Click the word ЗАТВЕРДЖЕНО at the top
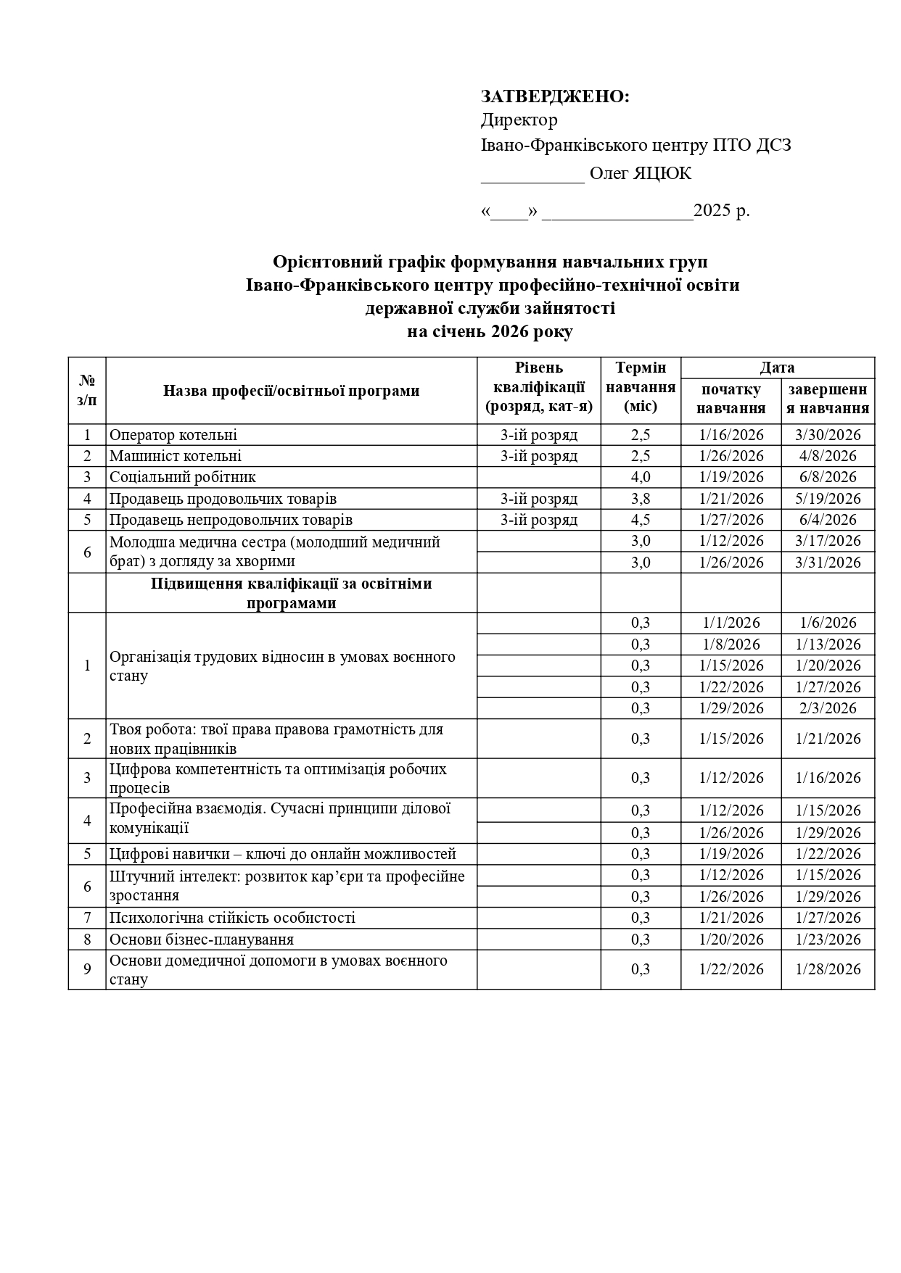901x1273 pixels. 555,96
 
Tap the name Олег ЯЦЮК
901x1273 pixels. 640,174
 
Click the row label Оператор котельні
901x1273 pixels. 173,435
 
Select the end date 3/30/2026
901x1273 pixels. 828,435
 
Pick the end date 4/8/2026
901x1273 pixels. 828,456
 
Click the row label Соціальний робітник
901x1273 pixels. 183,477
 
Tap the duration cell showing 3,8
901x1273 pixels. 641,499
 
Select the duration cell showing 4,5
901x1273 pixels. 641,520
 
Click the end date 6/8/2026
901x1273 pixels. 828,477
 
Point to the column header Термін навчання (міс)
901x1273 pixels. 641,387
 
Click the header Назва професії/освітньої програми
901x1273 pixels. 291,391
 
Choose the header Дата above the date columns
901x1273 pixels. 777,368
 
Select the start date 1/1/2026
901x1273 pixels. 731,623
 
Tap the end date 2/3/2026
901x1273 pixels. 828,708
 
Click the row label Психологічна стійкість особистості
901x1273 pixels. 232,918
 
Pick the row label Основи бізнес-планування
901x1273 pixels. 202,940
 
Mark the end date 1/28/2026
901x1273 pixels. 828,969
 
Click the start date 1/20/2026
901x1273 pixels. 731,940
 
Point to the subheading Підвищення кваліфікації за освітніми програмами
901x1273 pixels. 291,593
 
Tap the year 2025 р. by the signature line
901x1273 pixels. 721,211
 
